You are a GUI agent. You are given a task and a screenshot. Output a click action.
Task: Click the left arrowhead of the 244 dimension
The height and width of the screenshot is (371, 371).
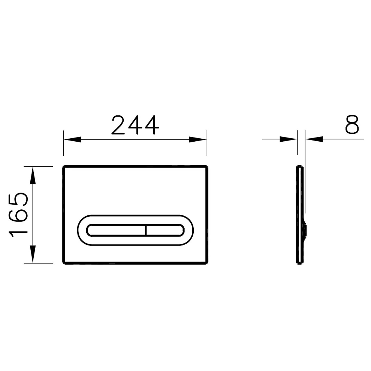(x=72, y=139)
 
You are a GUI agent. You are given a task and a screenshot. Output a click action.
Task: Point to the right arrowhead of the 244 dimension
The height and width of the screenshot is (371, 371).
(x=198, y=139)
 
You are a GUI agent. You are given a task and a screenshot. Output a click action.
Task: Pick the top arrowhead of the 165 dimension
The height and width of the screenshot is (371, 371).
(x=33, y=175)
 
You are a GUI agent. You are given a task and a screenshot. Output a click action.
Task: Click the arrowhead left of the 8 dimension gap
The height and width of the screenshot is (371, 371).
(x=288, y=139)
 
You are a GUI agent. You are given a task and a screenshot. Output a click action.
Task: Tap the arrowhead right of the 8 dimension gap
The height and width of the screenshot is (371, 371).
(x=314, y=139)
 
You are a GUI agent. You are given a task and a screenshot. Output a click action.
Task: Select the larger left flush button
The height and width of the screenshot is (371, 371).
(x=116, y=230)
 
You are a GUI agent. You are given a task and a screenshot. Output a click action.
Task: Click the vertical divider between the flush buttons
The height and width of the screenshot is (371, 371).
(x=145, y=230)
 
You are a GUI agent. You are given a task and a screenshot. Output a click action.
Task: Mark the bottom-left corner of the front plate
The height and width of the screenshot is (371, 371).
(x=64, y=263)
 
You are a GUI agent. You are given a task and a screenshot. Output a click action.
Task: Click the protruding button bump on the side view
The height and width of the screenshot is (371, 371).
(x=306, y=229)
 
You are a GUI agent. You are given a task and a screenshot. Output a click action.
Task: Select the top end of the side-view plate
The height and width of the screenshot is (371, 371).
(x=299, y=166)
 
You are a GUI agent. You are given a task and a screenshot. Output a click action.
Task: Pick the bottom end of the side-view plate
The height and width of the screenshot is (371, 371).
(x=299, y=263)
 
